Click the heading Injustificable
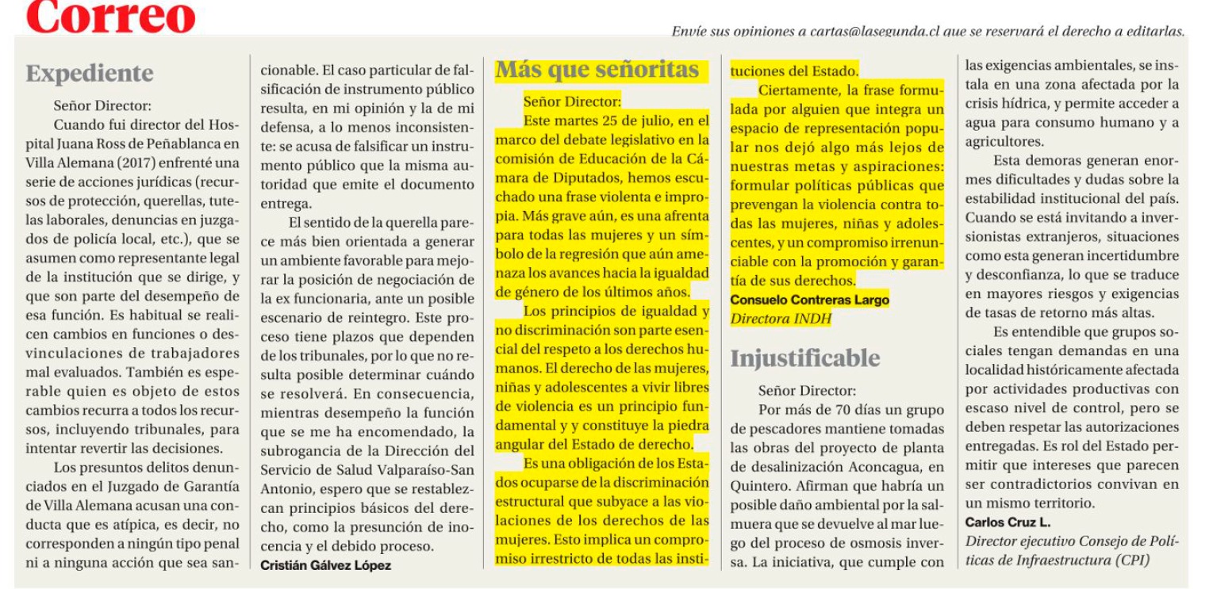(x=804, y=358)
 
